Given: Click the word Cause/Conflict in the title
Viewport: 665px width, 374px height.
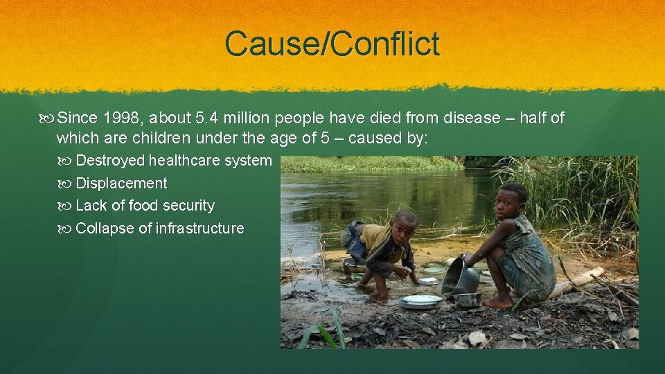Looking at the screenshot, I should tap(332, 44).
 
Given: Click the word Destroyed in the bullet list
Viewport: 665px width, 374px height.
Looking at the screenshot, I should tap(110, 161).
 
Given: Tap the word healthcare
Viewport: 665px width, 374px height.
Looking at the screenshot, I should tap(183, 161).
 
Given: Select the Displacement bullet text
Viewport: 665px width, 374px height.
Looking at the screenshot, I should tap(121, 184).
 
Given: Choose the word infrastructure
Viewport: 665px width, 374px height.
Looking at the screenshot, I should tap(200, 229).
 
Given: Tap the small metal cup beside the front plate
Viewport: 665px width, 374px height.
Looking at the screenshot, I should tap(468, 299).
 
